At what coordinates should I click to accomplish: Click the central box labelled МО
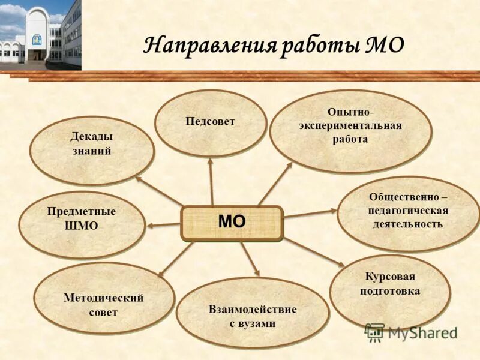[232, 223]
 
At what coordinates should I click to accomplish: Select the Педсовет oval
[210, 123]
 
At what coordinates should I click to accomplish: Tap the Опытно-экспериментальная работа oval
[350, 131]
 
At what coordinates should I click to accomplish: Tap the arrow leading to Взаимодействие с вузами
[250, 259]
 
